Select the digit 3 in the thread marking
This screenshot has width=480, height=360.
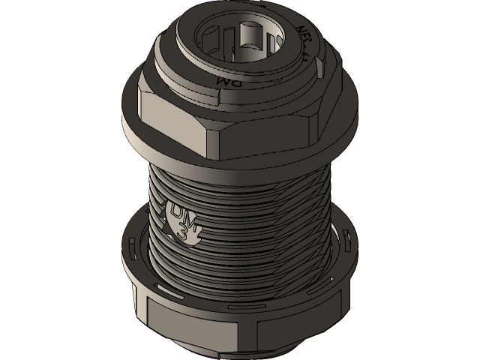click(x=184, y=233)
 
